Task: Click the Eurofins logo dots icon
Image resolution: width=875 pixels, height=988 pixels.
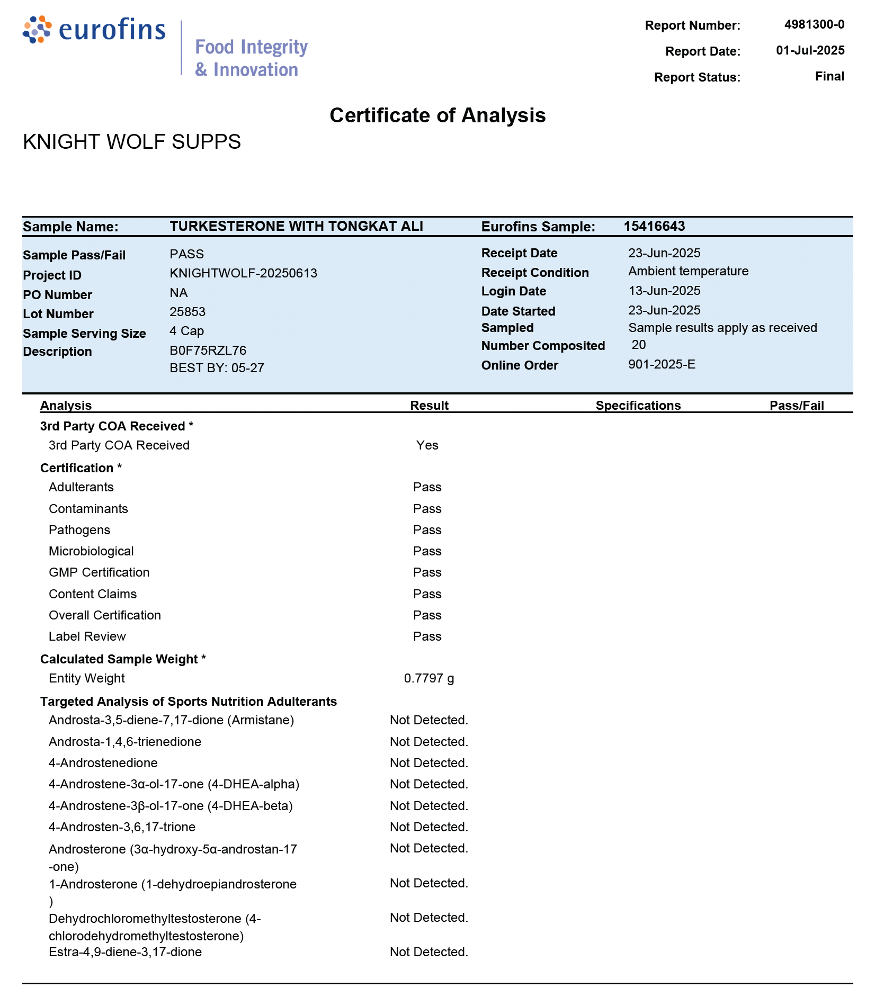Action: point(37,29)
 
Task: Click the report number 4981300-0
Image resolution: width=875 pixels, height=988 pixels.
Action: point(814,24)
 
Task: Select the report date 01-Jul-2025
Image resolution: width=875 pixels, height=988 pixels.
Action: point(810,50)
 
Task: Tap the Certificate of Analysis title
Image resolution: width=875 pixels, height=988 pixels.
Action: point(437,115)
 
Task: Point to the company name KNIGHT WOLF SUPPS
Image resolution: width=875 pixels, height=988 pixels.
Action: point(132,142)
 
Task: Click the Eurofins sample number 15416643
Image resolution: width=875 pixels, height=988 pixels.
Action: point(654,227)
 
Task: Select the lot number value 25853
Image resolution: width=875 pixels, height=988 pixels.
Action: point(187,312)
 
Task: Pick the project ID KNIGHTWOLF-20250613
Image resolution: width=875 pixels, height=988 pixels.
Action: point(243,273)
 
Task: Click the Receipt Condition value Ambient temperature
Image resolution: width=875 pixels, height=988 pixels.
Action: point(688,271)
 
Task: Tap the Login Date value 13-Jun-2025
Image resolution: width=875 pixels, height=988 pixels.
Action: point(664,291)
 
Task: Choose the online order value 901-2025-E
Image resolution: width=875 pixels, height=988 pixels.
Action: point(662,364)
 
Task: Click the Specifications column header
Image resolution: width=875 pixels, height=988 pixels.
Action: point(638,406)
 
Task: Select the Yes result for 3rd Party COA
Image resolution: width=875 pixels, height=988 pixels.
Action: point(427,445)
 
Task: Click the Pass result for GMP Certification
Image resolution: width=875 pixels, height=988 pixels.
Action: point(427,572)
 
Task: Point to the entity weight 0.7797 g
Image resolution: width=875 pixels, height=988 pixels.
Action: point(428,678)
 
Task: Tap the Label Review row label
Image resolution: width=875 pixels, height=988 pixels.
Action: point(87,636)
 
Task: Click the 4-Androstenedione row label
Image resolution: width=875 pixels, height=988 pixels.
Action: point(103,763)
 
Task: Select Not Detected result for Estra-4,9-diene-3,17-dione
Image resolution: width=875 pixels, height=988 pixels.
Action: point(428,952)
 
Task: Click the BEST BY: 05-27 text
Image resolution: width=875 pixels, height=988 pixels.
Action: point(217,368)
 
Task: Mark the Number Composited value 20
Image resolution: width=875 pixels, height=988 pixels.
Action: point(639,345)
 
